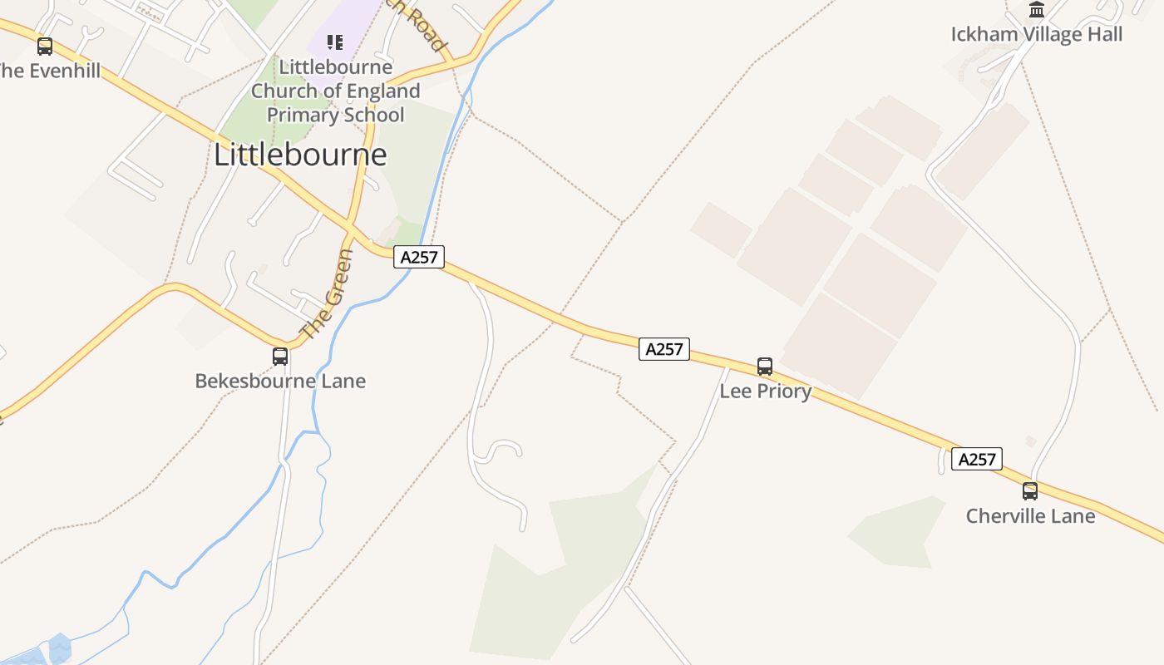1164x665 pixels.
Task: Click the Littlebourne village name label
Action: [300, 155]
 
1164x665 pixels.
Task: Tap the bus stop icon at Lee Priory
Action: [764, 366]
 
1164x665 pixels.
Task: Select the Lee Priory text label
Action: [765, 391]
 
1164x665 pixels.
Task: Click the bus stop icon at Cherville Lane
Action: [1029, 490]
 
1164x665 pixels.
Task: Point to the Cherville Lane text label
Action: [1030, 515]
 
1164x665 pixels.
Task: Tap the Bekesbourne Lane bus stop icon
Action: [280, 356]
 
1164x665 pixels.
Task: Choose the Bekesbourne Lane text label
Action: [280, 381]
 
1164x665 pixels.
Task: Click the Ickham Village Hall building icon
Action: [1036, 10]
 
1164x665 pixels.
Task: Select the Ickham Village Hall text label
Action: [1036, 34]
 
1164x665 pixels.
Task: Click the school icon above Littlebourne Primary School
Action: [335, 42]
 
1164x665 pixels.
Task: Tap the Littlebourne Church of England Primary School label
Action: [335, 91]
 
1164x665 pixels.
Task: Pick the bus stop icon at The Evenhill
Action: [45, 47]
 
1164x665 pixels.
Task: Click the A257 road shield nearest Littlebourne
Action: [419, 257]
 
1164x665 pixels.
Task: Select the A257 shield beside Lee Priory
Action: [664, 349]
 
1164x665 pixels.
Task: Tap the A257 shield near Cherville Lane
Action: [977, 459]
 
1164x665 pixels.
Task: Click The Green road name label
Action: [328, 294]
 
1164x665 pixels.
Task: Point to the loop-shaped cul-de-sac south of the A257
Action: [503, 451]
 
